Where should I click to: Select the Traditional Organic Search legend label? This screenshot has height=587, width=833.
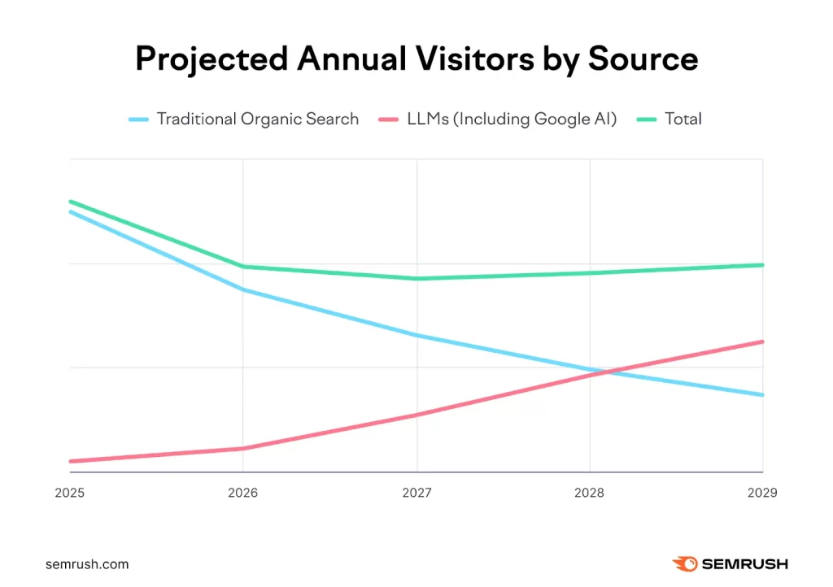click(257, 119)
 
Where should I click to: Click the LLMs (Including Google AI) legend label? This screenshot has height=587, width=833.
click(511, 119)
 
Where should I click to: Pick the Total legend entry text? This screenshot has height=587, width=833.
click(683, 119)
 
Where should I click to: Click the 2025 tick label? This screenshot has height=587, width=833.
click(70, 494)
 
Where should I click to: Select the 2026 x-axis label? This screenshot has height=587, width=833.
click(242, 494)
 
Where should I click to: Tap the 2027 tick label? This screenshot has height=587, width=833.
click(416, 494)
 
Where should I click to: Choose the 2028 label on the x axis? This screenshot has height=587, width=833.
click(590, 494)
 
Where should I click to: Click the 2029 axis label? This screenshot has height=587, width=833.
click(761, 494)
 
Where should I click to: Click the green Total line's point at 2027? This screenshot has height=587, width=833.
click(416, 279)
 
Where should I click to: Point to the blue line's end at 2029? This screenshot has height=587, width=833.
click(762, 395)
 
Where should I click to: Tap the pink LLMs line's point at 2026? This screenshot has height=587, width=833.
click(242, 448)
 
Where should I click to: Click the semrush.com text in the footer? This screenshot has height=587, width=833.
click(87, 564)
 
